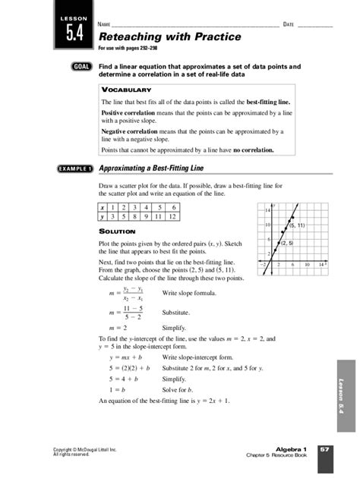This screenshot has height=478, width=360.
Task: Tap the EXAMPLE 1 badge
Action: click(x=73, y=168)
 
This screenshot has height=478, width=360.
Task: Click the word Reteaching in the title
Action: click(x=130, y=36)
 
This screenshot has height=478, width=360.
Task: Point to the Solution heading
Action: click(x=118, y=231)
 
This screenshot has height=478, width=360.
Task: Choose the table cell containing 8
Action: click(x=144, y=216)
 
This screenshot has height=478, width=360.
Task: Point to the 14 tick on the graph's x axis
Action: click(x=322, y=264)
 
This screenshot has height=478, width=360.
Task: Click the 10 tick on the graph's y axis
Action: click(x=268, y=225)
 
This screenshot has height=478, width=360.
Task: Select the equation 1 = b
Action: click(x=119, y=388)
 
